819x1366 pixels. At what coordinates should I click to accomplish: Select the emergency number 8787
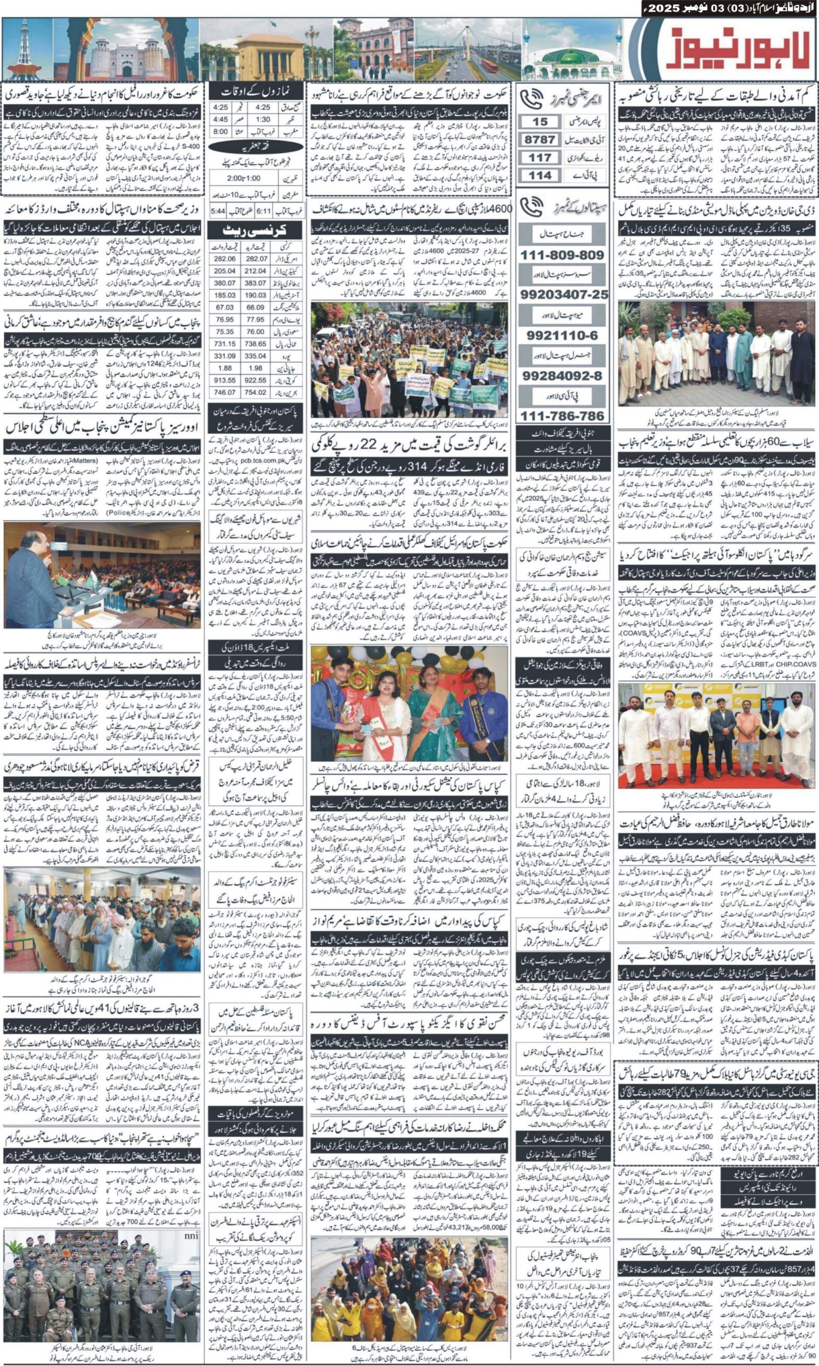(540, 140)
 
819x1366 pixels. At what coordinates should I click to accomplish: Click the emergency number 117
(540, 158)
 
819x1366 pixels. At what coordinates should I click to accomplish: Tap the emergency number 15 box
(540, 122)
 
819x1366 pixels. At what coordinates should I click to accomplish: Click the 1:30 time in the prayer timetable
(263, 119)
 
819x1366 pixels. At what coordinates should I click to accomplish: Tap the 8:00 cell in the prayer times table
(220, 132)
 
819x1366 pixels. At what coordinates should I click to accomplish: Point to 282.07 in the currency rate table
(255, 259)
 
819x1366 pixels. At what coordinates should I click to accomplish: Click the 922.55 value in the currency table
(255, 380)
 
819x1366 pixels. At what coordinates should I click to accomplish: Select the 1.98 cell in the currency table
(255, 368)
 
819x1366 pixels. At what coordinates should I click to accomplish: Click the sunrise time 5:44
(218, 211)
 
